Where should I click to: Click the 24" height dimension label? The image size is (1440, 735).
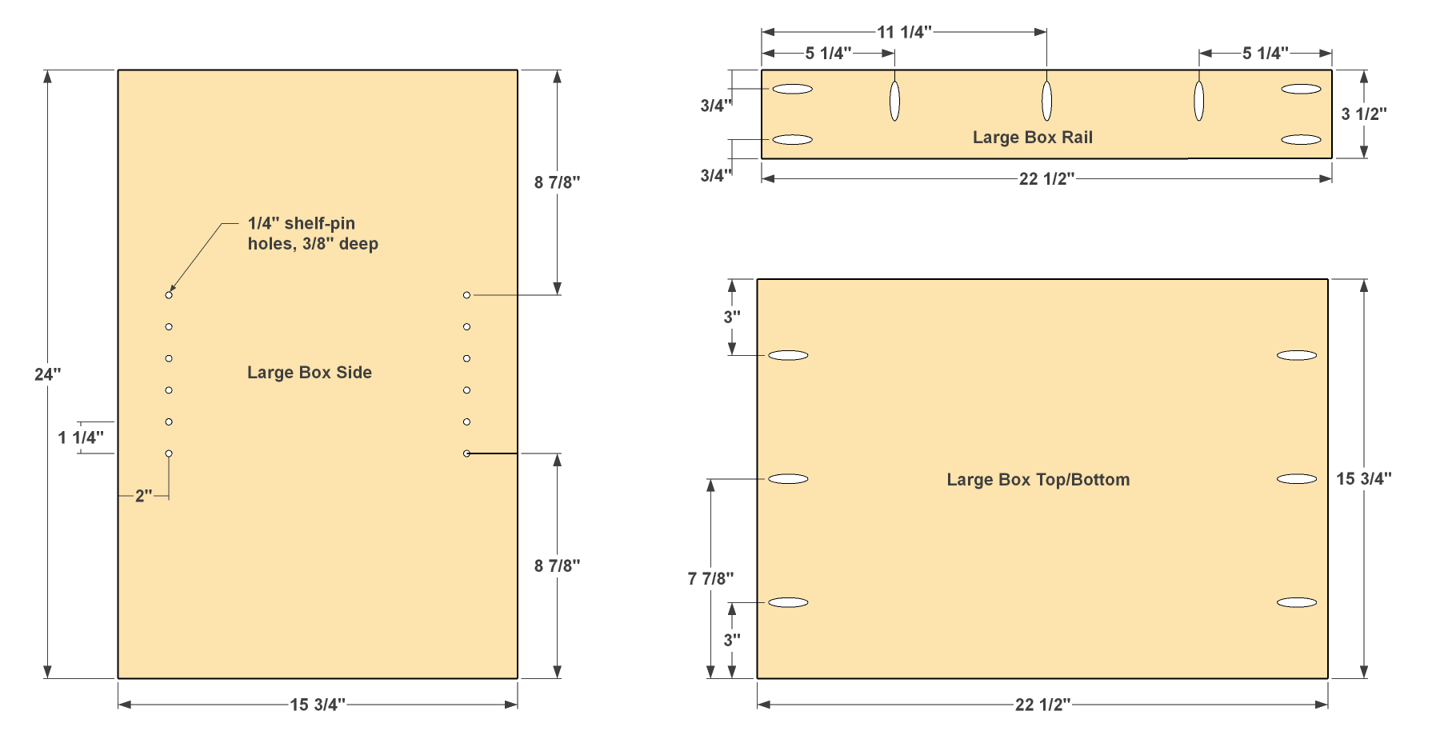(x=47, y=374)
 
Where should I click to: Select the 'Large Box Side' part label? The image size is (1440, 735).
(x=310, y=373)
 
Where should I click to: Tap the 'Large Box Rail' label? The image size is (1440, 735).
(x=1033, y=138)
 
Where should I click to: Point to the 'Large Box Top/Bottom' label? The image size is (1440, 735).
(x=1038, y=480)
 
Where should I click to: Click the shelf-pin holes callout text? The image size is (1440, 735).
(x=313, y=234)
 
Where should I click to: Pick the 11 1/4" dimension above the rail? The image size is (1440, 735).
(x=904, y=32)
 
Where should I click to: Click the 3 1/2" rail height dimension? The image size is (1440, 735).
(x=1364, y=114)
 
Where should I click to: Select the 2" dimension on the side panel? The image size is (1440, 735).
(x=144, y=496)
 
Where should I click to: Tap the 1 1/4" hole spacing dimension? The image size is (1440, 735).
(x=81, y=437)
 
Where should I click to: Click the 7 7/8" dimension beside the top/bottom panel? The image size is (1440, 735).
(x=710, y=578)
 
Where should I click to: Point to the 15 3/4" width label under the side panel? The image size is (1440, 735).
(x=318, y=705)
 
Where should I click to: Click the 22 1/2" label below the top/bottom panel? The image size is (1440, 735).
(x=1043, y=705)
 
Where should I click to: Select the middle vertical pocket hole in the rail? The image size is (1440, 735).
(x=1046, y=101)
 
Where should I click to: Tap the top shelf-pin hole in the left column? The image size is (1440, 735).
(x=169, y=295)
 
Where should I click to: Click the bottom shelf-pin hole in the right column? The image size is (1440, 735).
(x=466, y=453)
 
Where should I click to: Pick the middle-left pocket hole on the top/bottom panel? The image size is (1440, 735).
(x=788, y=479)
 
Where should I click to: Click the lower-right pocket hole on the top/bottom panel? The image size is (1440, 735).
(x=1297, y=602)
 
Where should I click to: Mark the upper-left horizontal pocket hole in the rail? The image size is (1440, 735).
(x=792, y=89)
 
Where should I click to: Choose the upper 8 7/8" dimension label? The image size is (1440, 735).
(x=558, y=182)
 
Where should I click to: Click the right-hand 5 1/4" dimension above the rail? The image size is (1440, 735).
(x=1266, y=54)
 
